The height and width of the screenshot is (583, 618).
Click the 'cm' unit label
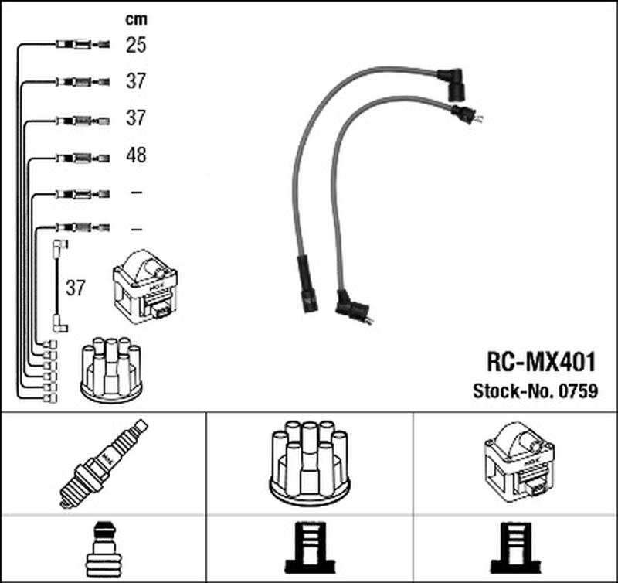coord(136,19)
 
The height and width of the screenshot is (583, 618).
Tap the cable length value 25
coord(136,45)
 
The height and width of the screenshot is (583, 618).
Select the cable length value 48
coord(136,155)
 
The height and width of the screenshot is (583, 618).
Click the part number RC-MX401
coord(542,362)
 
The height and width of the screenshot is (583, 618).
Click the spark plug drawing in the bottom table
coord(104,463)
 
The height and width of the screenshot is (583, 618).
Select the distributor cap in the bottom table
coord(310,462)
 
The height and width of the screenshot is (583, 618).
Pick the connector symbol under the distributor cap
coord(310,548)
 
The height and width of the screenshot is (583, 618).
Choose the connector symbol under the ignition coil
coord(515,548)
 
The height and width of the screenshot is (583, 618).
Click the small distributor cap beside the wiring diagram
coord(111,367)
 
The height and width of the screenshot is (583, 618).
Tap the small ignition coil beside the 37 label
coord(145,287)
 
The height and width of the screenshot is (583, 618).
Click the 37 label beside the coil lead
coord(75,288)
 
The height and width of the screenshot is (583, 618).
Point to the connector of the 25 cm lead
coord(83,44)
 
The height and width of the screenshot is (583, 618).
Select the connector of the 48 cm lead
coord(83,159)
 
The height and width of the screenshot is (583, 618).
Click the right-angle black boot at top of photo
coord(452,84)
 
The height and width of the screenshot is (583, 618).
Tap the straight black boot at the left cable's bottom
coord(307,284)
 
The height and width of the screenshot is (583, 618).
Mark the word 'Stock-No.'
coord(514,391)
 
